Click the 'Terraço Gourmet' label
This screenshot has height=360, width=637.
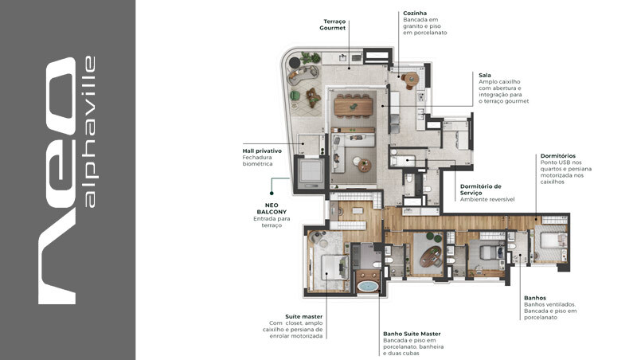[334, 24]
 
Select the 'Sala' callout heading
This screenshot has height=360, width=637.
[485, 75]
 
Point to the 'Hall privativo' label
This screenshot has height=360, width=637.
[262, 151]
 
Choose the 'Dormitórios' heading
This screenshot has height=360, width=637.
[557, 155]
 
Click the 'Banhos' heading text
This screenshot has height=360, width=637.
[535, 298]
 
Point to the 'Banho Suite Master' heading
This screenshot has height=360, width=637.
[412, 333]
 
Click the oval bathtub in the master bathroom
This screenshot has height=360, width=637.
[368, 285]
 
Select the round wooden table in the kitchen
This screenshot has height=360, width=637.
[411, 79]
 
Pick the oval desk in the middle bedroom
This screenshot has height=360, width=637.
[432, 256]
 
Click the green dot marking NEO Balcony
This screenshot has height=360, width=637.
[271, 192]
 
